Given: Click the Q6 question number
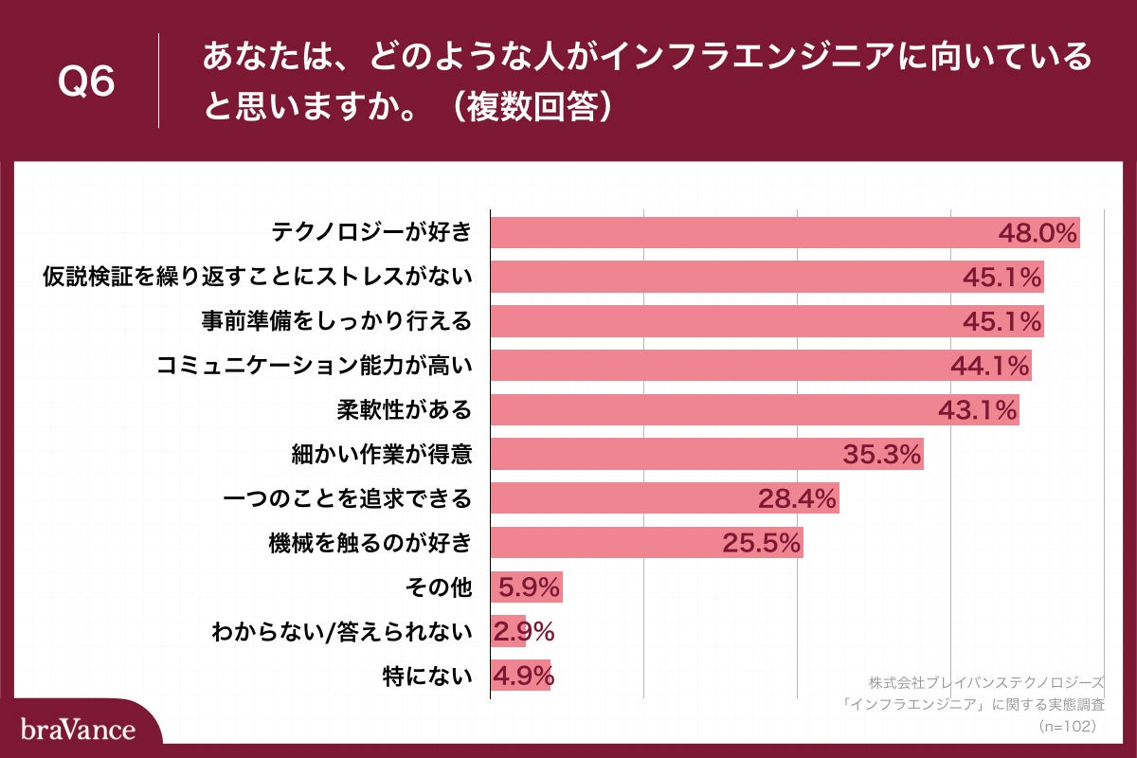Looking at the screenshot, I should pos(86,82).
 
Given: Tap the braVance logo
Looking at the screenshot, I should pos(79,730).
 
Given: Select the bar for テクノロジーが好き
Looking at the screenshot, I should pos(739,232).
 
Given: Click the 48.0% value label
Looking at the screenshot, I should pos(1038,233).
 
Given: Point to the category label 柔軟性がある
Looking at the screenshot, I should pos(404,409).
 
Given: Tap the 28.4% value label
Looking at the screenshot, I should pos(798,498).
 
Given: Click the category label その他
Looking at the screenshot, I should pos(438,587).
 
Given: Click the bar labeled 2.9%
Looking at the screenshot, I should pos(508,632).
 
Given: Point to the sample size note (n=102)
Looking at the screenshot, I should pos(1067,726).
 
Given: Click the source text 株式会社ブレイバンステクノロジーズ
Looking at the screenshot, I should pos(986,682).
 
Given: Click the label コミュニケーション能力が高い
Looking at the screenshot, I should pos(314,366).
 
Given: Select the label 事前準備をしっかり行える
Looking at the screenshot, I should pos(336,321).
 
